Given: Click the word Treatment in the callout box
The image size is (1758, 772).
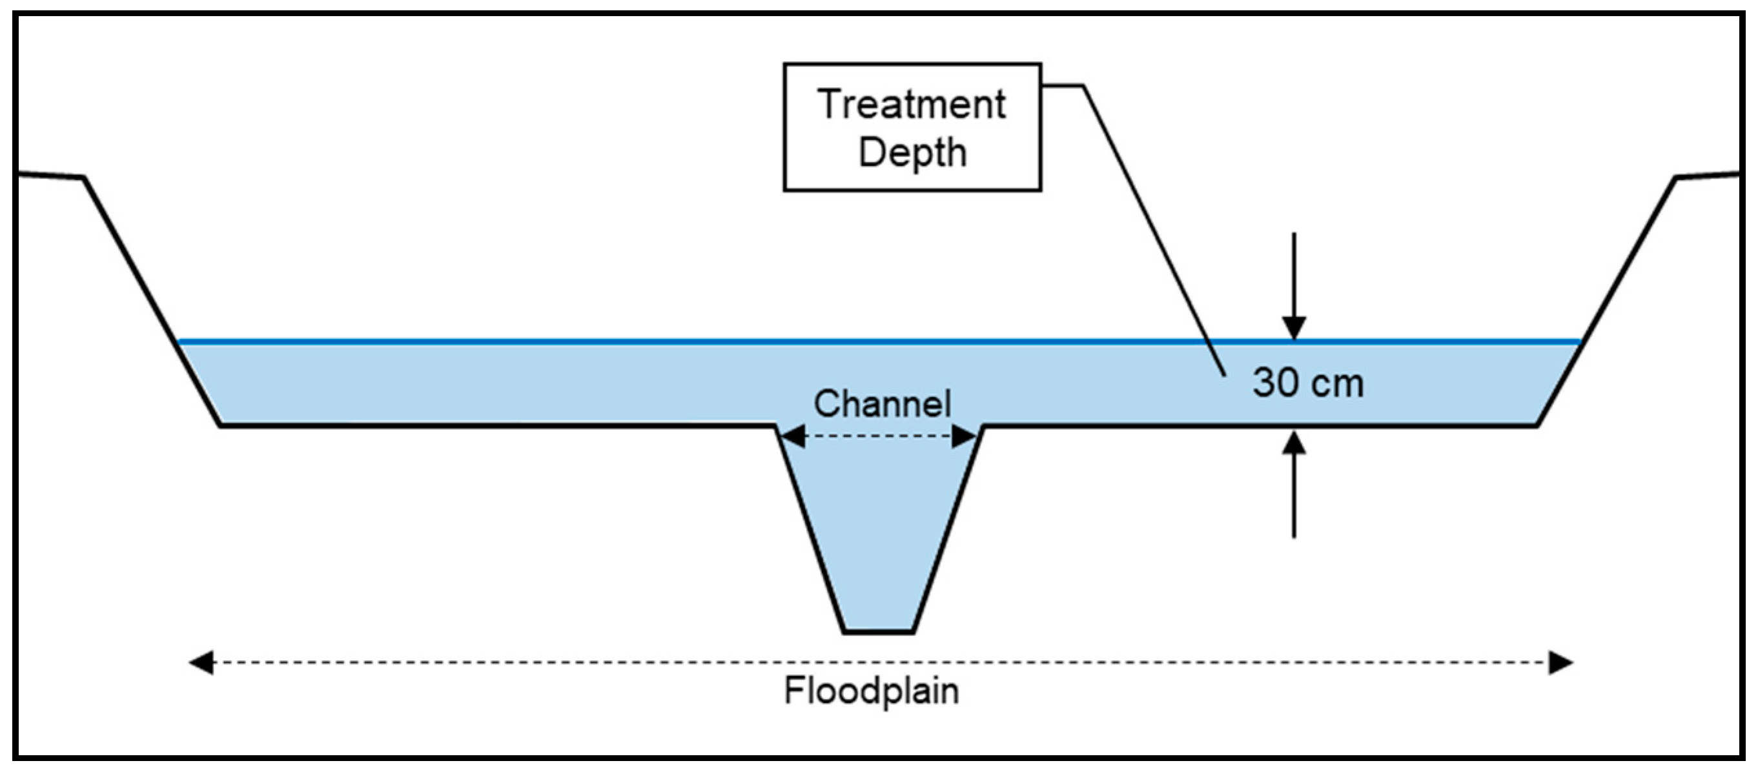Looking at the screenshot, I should pos(911,105).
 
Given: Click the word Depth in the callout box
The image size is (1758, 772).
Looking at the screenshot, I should pos(912,152).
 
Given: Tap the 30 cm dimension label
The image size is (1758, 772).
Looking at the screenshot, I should pos(1307,383).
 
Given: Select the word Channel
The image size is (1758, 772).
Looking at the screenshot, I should pos(882,404).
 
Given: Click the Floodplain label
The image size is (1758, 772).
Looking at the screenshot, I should pos(872,691).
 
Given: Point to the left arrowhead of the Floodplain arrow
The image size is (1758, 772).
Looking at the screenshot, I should pos(201,662).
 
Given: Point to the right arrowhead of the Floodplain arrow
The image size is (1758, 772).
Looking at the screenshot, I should pos(1562,662).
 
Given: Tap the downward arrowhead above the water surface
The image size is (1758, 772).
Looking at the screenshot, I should pos(1294,327).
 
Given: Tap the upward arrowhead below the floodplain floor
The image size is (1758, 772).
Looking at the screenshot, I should pos(1294,444).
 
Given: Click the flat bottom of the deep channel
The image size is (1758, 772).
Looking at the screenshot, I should pos(878,631).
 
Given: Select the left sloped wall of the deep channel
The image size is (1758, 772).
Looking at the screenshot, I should pos(810,529).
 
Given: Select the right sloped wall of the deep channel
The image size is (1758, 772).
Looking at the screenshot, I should pos(948,529).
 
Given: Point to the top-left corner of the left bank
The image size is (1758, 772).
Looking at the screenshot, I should pos(83,178).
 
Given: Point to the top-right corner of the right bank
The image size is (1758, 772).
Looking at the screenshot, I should pos(1677,178).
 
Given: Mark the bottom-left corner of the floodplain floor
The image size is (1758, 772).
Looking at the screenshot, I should pos(220,426).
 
